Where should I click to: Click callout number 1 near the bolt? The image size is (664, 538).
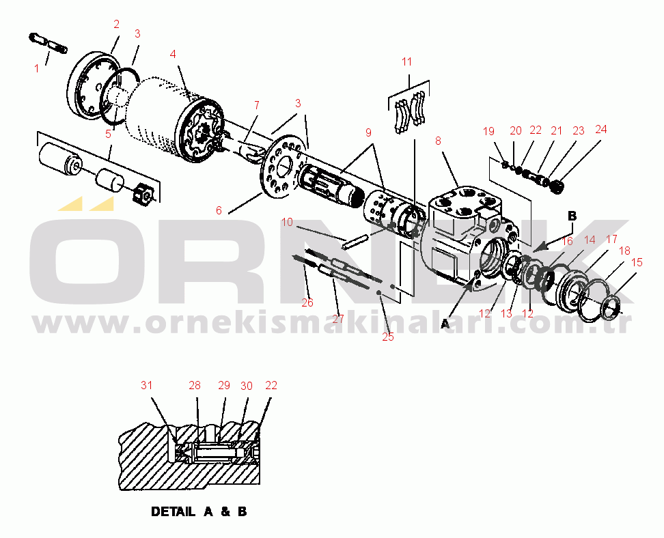pos(37,68)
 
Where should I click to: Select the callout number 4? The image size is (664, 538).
pos(174,53)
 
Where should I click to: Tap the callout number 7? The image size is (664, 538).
pos(256,105)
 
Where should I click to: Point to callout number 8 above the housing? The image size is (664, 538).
pos(438,141)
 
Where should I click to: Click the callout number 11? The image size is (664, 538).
pos(407,61)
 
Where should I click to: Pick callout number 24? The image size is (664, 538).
pos(600,129)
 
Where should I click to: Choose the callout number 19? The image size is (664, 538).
pos(488,130)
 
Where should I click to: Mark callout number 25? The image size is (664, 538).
pos(388,336)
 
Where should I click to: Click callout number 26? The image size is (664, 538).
pos(307,302)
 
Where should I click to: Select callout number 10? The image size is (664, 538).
pos(287,222)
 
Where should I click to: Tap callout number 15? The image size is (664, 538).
pos(637,261)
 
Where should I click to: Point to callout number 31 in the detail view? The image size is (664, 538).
pos(147,385)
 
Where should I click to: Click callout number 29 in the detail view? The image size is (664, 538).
pos(224,386)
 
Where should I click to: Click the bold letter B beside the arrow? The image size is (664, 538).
pos(572,216)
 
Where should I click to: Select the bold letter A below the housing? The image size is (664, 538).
pos(445,324)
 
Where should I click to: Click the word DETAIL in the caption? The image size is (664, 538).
pos(172,511)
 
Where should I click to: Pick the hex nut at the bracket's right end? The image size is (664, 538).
pos(141,195)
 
